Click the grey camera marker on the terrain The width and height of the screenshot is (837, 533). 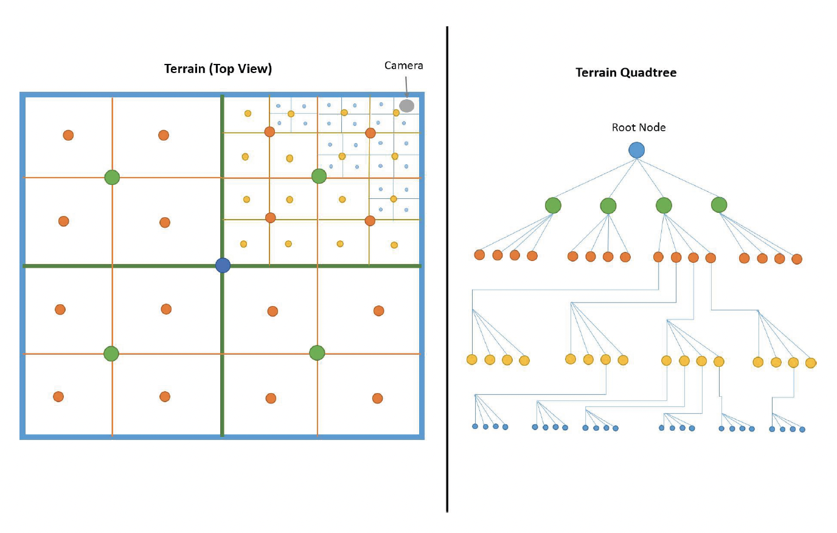tap(406, 106)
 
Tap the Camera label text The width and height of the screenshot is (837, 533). tap(403, 65)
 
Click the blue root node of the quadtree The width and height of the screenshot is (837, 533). tap(636, 150)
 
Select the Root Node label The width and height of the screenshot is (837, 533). tap(639, 127)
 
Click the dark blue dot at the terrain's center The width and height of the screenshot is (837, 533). tap(223, 265)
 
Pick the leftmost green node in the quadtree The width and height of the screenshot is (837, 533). tap(553, 206)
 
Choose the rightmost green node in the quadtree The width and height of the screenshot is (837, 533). tap(719, 204)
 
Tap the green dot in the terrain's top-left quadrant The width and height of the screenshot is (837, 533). tap(112, 177)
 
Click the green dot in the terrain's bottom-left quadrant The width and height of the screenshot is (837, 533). tap(111, 354)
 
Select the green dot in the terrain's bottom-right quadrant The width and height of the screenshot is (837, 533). tap(317, 353)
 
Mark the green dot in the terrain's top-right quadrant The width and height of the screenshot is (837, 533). tap(319, 176)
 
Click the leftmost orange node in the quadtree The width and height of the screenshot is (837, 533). tap(479, 255)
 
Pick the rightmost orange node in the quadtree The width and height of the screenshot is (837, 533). tap(797, 259)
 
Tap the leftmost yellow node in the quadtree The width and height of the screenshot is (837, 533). tap(471, 360)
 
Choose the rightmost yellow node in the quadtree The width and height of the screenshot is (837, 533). tap(810, 363)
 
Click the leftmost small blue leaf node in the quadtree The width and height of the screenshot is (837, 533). tap(475, 427)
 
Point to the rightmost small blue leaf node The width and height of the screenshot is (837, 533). tap(802, 430)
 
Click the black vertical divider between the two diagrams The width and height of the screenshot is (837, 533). tap(447, 268)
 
